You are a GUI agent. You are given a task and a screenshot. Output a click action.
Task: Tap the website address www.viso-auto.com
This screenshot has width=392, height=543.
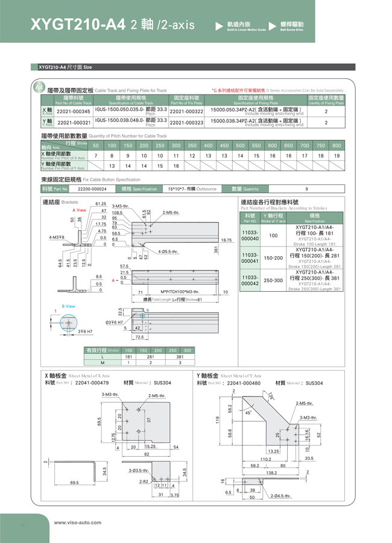(78, 523)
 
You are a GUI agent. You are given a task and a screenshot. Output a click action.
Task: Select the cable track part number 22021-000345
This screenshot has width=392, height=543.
(73, 111)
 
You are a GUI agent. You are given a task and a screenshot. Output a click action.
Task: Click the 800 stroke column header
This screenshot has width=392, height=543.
(337, 145)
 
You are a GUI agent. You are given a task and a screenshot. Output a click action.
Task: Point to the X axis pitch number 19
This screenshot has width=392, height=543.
(337, 155)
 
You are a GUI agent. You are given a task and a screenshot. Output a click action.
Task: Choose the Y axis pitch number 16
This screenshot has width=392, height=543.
(176, 166)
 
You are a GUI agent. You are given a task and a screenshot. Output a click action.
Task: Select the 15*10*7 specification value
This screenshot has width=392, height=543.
(192, 189)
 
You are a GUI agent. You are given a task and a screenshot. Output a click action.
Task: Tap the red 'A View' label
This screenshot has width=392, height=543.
(79, 210)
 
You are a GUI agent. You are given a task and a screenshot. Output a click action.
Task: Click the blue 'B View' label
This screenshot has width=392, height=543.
(68, 306)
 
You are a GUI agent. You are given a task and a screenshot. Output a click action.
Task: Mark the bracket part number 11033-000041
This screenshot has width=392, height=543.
(250, 257)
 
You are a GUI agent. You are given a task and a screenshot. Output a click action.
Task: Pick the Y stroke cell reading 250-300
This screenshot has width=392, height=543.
(273, 280)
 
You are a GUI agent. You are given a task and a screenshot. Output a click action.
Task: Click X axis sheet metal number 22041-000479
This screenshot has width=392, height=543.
(92, 383)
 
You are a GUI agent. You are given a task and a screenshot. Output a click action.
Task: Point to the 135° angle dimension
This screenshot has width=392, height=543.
(271, 396)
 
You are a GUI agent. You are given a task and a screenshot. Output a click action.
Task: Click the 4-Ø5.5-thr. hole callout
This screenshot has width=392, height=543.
(168, 251)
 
